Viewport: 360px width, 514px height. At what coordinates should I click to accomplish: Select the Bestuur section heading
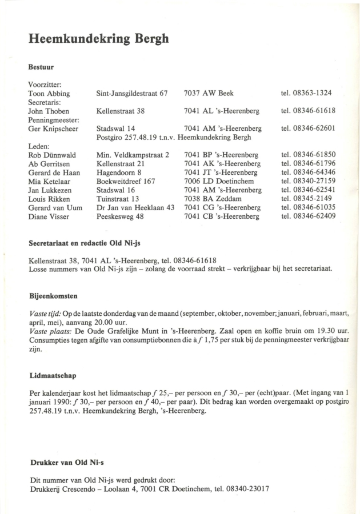41,67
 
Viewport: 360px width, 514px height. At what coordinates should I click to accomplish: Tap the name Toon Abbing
49,93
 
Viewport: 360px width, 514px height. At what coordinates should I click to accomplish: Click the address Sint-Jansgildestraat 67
132,93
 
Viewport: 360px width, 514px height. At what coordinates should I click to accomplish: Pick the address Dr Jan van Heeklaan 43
135,207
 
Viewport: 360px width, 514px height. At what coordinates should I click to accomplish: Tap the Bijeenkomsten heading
53,297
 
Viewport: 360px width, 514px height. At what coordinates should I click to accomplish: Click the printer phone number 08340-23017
247,489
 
